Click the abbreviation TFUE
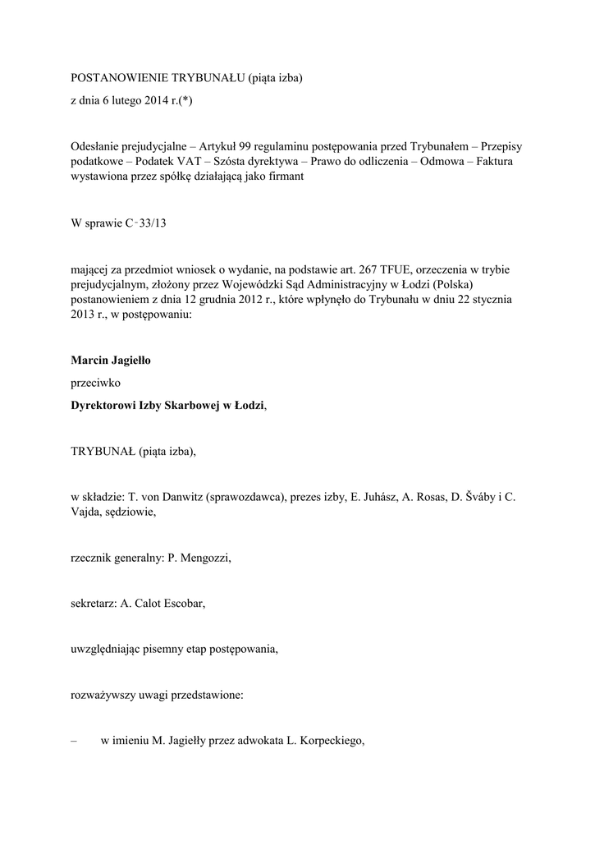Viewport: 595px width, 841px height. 394,270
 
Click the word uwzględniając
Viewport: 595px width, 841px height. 108,650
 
